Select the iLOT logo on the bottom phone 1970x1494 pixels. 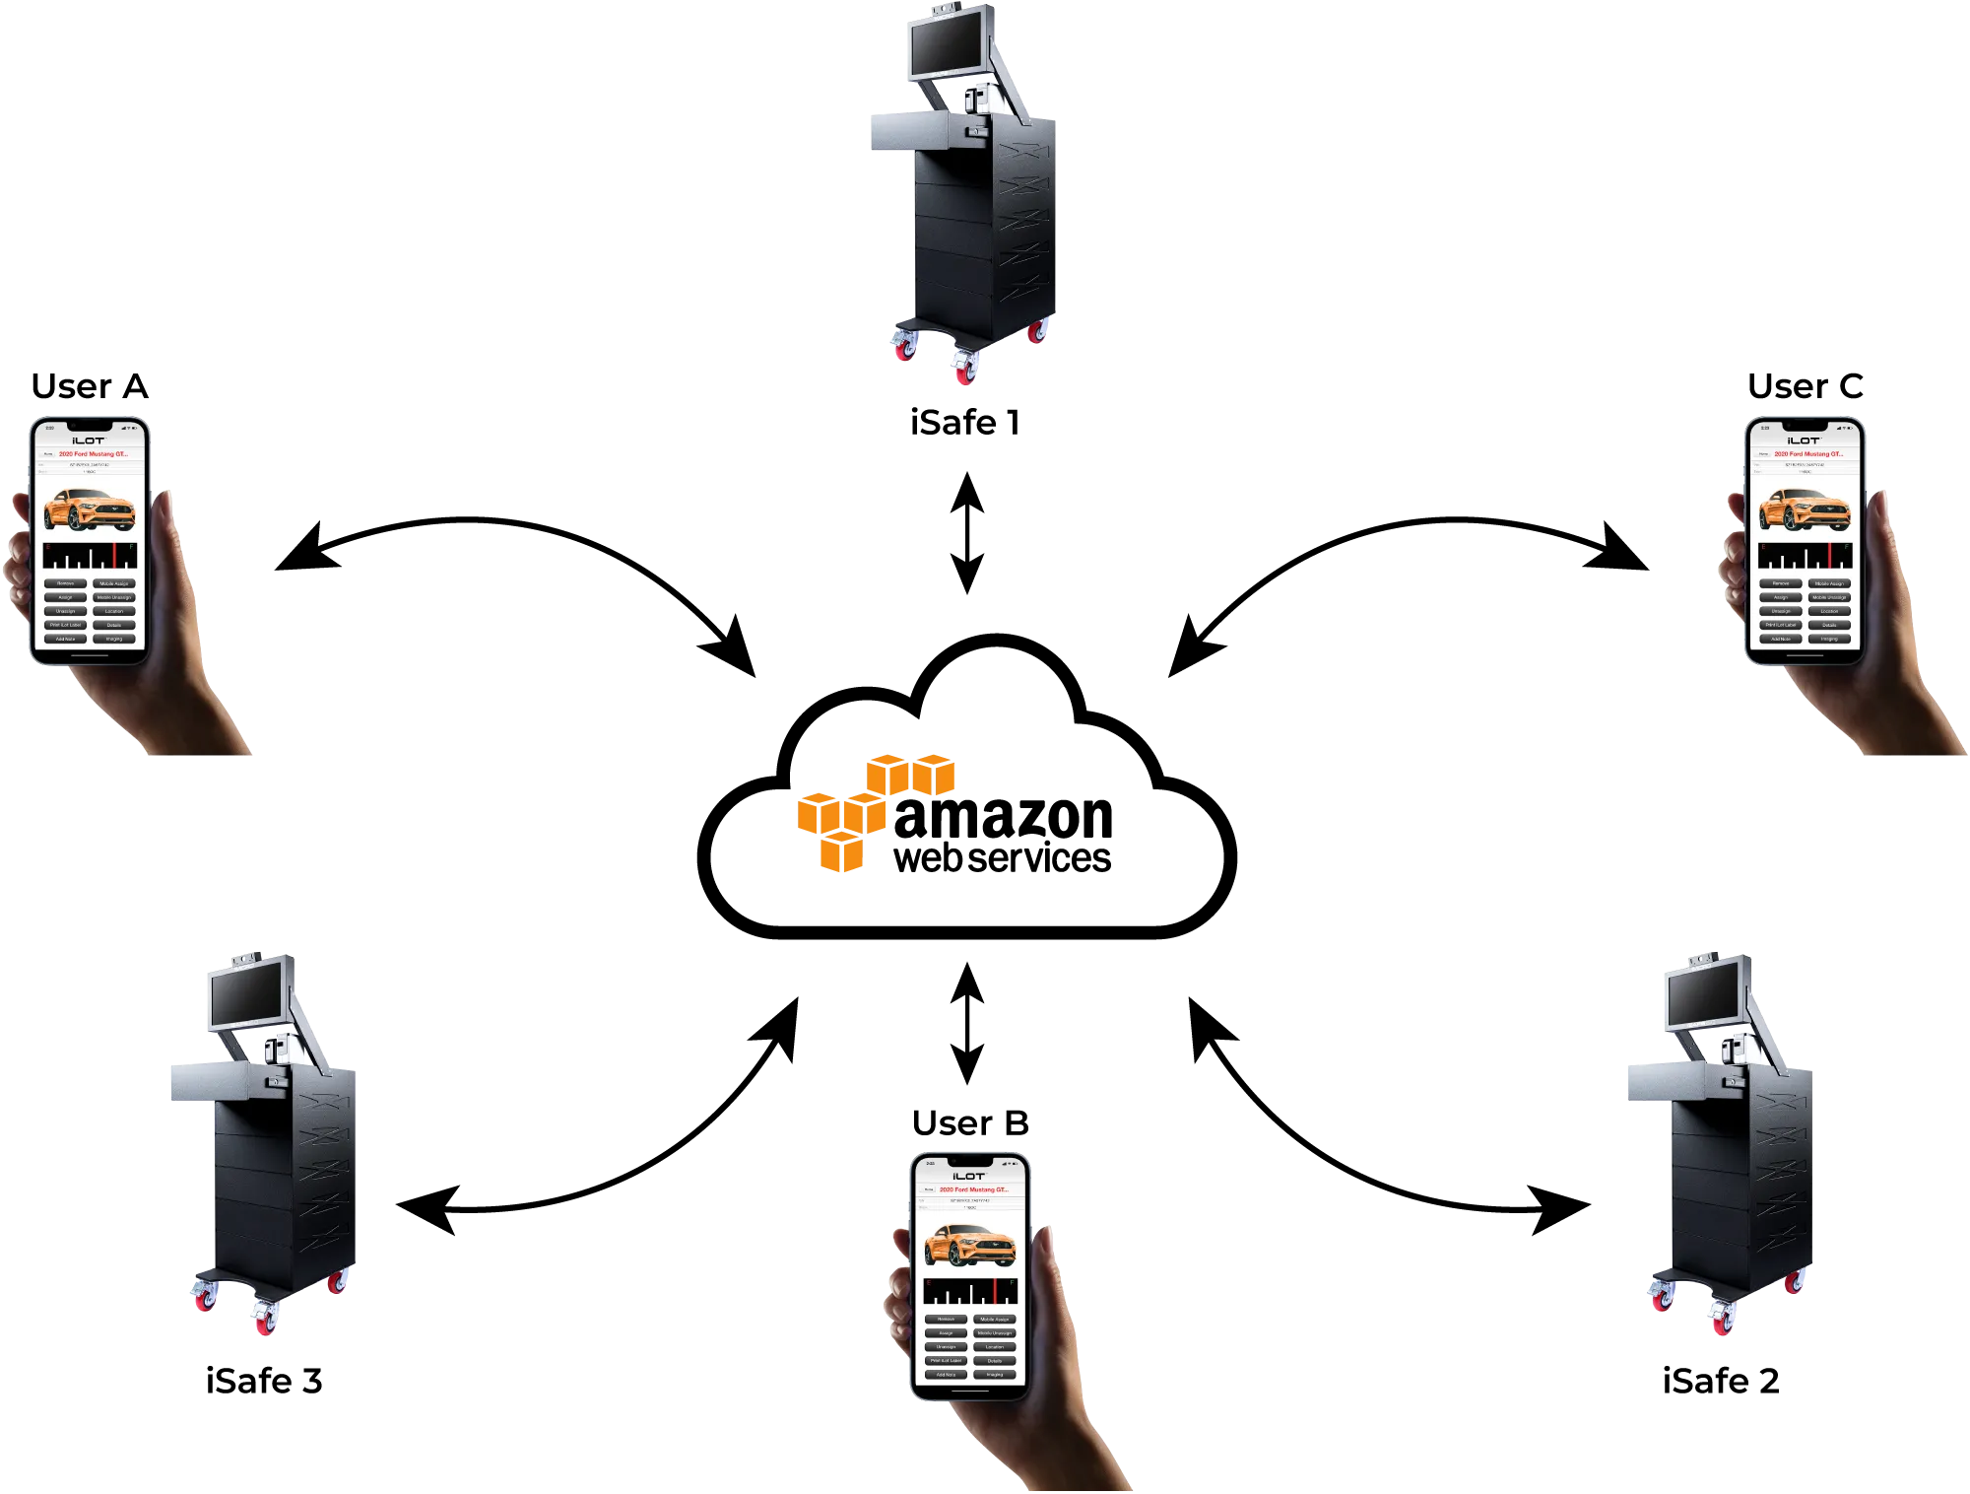click(x=968, y=1176)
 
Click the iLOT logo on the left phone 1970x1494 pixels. click(x=89, y=441)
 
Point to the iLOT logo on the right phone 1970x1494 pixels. click(x=1804, y=441)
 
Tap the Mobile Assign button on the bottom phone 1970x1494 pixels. click(x=994, y=1319)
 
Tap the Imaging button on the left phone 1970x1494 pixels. click(x=114, y=639)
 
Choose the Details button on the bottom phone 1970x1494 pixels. click(x=994, y=1360)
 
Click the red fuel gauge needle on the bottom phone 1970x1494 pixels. click(x=995, y=1292)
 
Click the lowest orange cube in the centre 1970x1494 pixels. click(x=842, y=852)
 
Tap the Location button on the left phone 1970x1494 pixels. click(x=114, y=611)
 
